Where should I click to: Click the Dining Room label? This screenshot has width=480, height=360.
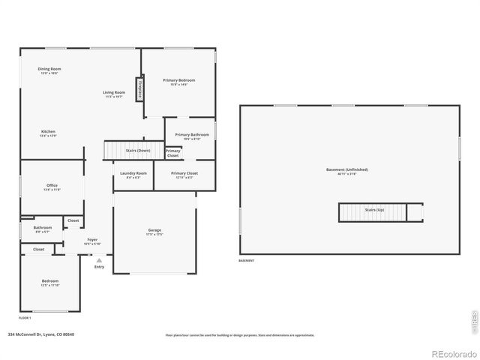(49, 70)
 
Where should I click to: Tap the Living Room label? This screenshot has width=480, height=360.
(114, 94)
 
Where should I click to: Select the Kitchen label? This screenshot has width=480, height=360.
(48, 133)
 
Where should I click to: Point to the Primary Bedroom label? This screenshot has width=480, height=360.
(178, 81)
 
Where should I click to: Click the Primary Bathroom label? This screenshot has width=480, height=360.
(192, 136)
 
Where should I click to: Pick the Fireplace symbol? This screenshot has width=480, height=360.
(139, 88)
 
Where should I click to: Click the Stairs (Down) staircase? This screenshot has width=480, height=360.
(133, 150)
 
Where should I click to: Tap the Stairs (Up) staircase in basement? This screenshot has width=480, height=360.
(374, 212)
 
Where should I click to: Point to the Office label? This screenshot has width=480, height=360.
(52, 187)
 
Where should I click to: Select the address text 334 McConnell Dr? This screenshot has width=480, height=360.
(40, 334)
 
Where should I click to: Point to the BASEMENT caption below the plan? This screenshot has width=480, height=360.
(246, 261)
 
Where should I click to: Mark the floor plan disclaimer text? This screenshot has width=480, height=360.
(240, 335)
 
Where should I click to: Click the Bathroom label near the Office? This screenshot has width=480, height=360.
(43, 228)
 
